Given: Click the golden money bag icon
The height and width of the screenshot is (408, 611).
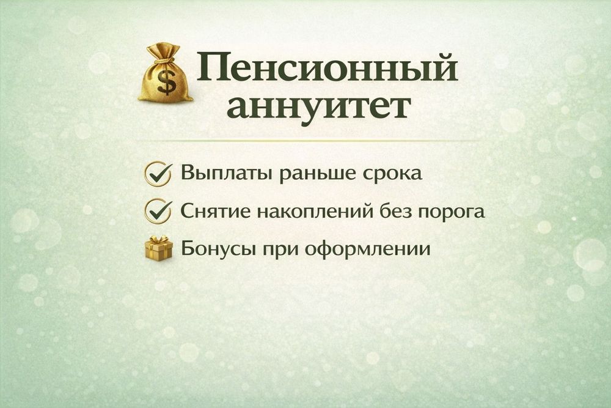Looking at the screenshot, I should coord(164,75).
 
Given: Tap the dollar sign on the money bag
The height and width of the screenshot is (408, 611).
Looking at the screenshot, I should coord(165,83).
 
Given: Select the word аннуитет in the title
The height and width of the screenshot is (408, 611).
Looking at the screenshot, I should coord(318,107).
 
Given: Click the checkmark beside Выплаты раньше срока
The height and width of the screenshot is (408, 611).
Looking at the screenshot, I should coord(156,173).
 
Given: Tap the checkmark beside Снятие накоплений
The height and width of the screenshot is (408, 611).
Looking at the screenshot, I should coord(156,211).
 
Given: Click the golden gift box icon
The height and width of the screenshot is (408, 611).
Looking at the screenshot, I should coord(159,248).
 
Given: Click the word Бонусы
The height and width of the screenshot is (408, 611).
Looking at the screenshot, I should coord(214,250).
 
